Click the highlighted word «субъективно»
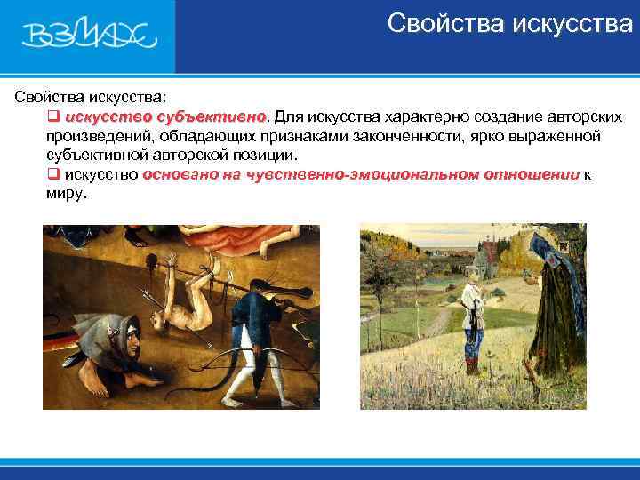point(212,116)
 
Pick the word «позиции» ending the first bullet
point(266,155)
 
